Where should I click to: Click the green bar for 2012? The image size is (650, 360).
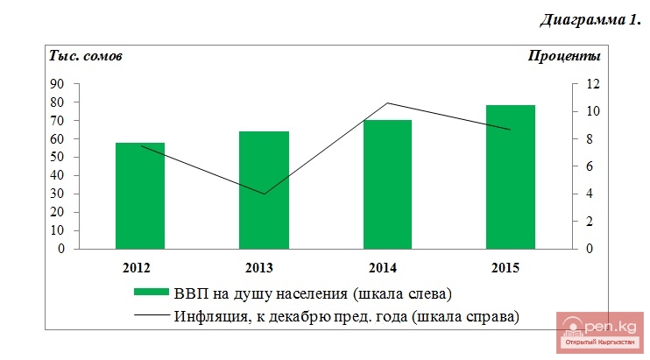[140, 195]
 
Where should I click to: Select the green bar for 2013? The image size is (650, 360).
[264, 190]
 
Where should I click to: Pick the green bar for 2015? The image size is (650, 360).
[511, 177]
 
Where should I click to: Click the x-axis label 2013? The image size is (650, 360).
[264, 266]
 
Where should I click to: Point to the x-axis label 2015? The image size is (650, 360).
[511, 266]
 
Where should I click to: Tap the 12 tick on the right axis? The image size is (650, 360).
[592, 84]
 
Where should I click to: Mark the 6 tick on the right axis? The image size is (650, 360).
[589, 166]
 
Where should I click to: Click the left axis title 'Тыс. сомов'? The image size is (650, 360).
[85, 57]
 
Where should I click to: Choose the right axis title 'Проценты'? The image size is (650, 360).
[564, 57]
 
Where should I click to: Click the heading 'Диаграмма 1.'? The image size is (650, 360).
[590, 19]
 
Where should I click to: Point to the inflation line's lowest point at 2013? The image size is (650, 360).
[264, 194]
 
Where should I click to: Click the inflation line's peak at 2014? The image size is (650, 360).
[387, 103]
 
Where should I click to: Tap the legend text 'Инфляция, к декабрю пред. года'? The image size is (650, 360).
[347, 316]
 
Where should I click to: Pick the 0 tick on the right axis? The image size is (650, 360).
[589, 249]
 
